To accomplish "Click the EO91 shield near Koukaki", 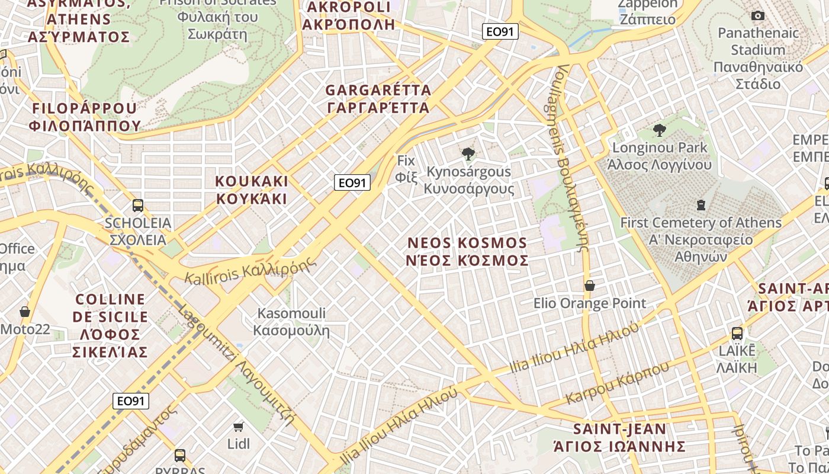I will coord(352,182).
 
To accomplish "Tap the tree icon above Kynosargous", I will coord(468,154).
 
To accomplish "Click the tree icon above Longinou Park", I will coord(659,130).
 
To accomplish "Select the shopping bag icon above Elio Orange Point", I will coord(590,286).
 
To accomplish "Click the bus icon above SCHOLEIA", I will coord(138,206).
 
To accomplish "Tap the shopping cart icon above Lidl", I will coord(239,427).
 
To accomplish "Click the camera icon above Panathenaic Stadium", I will coord(757,15).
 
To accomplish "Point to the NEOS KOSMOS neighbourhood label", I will coord(468,252).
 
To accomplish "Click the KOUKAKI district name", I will coord(252,190).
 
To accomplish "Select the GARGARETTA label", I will coord(378,99).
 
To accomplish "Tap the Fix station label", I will coord(406,168).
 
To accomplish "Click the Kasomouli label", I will coord(291,321).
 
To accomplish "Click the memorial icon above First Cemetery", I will coord(701,206).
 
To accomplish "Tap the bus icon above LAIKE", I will coord(737,333).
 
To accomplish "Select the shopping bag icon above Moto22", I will coord(25,312).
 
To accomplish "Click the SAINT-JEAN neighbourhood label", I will coord(620,437).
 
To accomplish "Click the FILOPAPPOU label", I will coord(85,117).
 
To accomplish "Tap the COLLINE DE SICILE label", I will coord(110,325).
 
